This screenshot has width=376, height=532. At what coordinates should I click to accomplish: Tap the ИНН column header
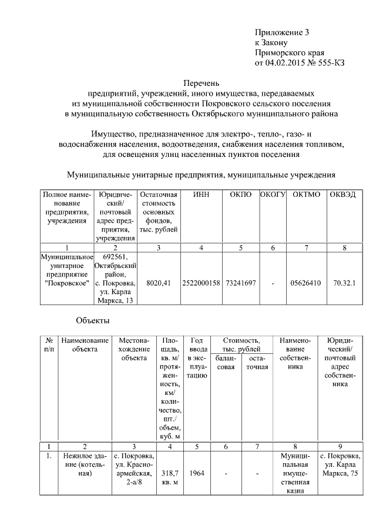tap(201, 195)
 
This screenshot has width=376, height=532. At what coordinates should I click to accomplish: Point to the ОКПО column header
tap(240, 195)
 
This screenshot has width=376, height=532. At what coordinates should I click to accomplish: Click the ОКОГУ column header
tap(273, 195)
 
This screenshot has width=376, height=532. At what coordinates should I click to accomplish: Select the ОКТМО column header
tap(305, 195)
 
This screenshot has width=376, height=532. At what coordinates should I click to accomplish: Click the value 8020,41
tap(159, 283)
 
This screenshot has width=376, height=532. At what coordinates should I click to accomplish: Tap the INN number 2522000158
tap(201, 283)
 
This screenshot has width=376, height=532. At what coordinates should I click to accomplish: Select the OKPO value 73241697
tap(240, 283)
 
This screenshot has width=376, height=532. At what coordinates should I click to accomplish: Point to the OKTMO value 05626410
tap(305, 283)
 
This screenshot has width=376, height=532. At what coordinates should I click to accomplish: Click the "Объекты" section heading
tap(93, 320)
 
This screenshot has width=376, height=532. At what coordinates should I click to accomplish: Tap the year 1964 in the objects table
tap(197, 473)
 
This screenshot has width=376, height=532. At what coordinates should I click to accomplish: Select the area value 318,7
tap(170, 473)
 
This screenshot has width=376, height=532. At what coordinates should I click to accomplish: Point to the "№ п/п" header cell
tap(49, 344)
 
